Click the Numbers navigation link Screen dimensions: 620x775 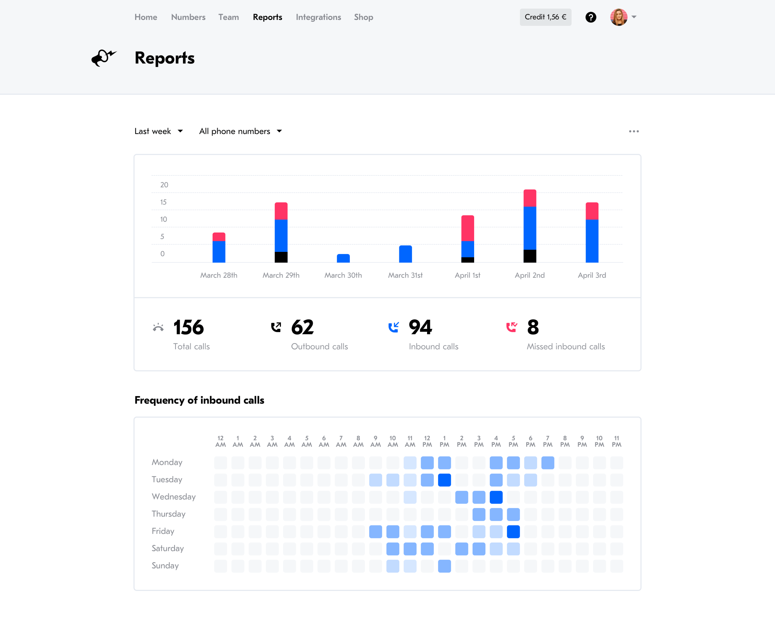(188, 17)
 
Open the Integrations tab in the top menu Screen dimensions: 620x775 (318, 17)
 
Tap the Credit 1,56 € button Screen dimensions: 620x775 (545, 17)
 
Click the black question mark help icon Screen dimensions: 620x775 (591, 17)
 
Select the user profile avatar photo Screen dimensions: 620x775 (618, 17)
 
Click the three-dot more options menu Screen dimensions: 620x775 (634, 131)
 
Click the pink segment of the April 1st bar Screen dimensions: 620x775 (467, 228)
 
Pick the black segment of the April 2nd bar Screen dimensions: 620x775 (529, 256)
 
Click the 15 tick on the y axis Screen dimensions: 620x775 (163, 202)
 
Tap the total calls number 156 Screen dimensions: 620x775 (188, 327)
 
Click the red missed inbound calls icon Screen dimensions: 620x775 (511, 327)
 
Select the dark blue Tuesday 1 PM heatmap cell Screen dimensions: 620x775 (444, 480)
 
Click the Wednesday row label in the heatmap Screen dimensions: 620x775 (174, 497)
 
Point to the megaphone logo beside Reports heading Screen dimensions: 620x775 (104, 58)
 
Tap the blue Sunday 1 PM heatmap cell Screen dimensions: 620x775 (444, 566)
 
